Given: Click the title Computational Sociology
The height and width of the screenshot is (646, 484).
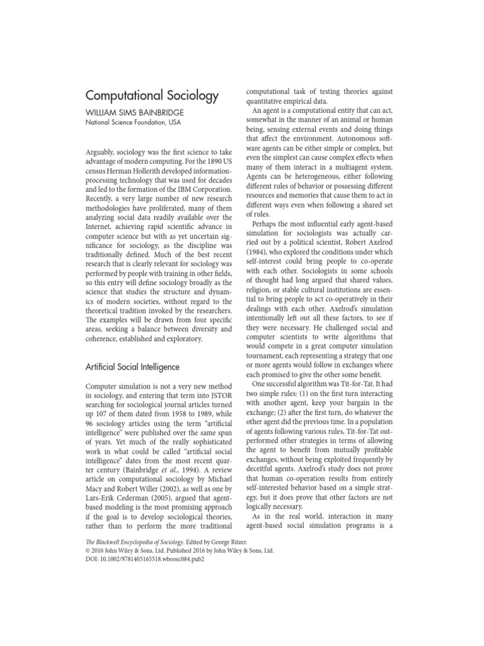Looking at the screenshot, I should pos(152,96).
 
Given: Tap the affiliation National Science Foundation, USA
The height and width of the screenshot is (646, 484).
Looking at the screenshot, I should pos(133,122).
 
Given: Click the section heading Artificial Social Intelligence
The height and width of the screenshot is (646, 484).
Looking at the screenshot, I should pos(132,367).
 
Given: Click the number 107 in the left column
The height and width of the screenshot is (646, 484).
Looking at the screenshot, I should pos(100,419).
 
